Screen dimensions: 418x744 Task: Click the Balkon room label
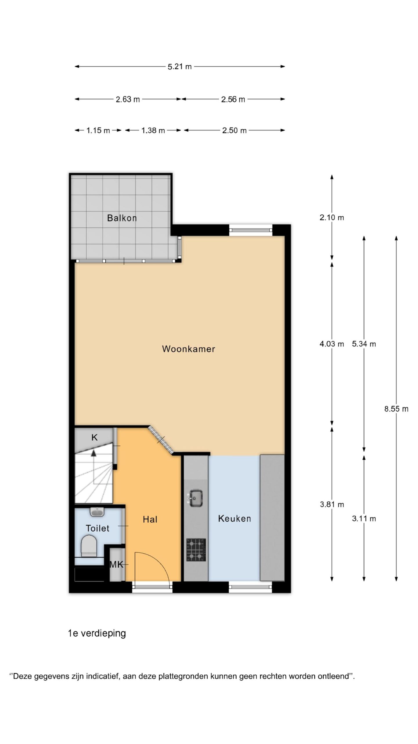(122, 218)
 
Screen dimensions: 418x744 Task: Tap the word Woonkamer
(188, 349)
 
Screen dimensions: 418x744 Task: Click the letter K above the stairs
(94, 437)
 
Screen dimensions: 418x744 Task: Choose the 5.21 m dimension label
(180, 67)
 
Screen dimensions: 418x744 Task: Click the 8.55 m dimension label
(396, 409)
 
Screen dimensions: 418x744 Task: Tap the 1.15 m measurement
(98, 130)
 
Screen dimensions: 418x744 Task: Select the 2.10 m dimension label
(332, 217)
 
